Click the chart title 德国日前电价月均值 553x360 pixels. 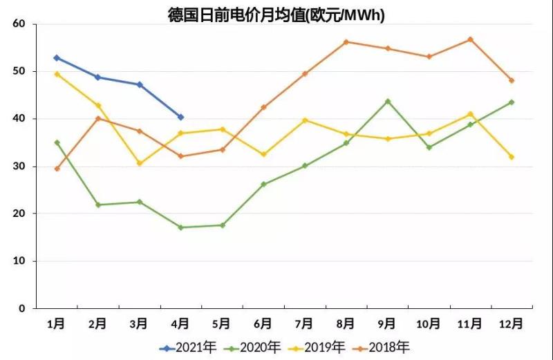point(276,14)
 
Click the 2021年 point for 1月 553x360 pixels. point(57,57)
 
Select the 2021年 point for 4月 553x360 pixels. point(180,117)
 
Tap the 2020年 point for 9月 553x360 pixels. point(387,101)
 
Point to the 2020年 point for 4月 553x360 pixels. point(180,227)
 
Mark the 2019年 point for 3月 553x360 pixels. point(140,163)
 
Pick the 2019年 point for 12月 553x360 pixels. point(512,157)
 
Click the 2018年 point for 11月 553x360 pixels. point(470,39)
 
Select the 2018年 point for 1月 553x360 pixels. point(57,169)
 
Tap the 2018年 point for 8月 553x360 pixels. point(346,41)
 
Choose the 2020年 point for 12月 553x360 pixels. point(512,102)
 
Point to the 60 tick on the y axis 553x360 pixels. point(19,24)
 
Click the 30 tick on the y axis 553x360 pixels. point(19,167)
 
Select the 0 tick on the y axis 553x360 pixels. point(21,308)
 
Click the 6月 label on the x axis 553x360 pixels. point(263,323)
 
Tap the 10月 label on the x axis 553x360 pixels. point(429,323)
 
